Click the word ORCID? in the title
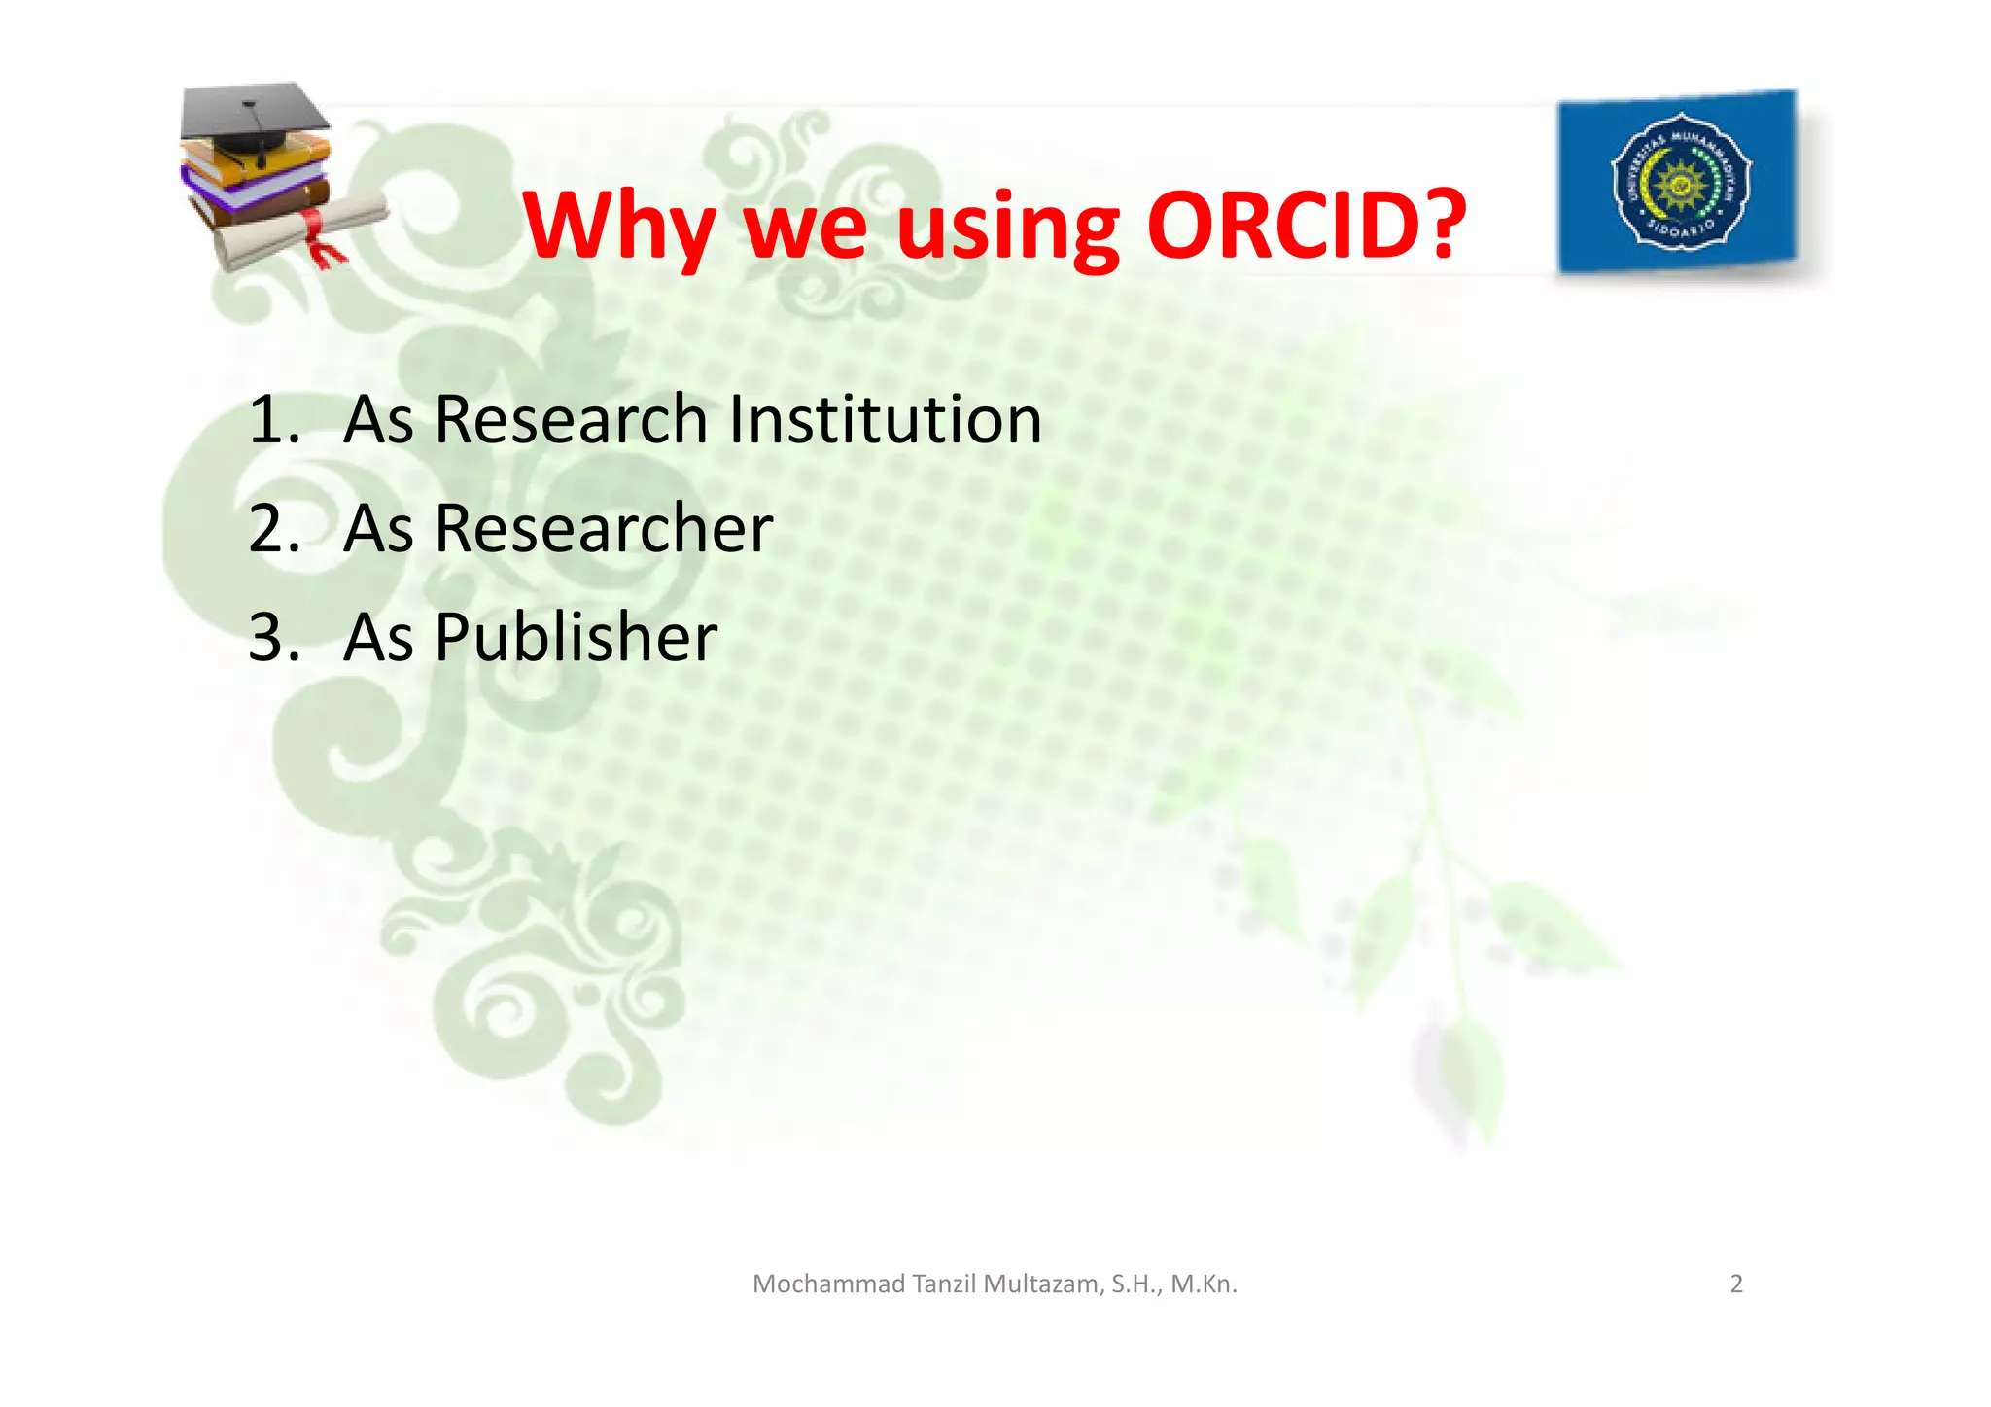click(x=1306, y=226)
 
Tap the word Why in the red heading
click(x=619, y=226)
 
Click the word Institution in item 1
click(x=885, y=419)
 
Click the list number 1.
click(x=271, y=419)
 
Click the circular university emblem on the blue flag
click(x=1681, y=181)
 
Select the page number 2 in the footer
click(x=1736, y=1284)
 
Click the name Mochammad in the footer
click(x=828, y=1284)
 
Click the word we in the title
click(x=805, y=228)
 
